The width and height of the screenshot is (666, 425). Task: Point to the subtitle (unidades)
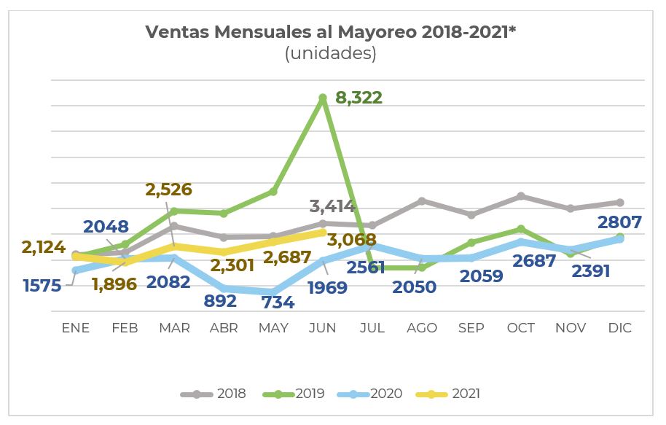click(x=331, y=53)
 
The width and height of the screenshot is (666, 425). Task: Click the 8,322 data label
click(x=359, y=98)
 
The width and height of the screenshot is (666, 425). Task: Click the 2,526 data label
click(x=168, y=190)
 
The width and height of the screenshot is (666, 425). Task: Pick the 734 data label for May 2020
click(x=277, y=303)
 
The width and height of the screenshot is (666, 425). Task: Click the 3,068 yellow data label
click(x=352, y=240)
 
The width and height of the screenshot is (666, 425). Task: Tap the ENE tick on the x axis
click(x=75, y=328)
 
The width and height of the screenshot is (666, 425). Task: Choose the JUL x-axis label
click(x=372, y=328)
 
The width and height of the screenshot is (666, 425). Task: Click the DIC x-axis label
click(x=619, y=328)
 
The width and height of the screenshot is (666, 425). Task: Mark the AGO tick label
click(x=421, y=328)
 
